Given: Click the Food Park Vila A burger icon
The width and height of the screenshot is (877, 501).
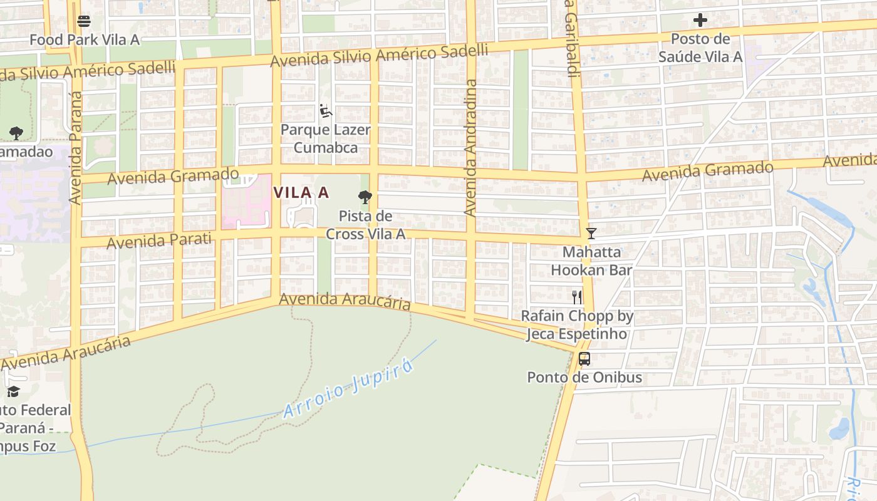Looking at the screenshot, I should [x=84, y=21].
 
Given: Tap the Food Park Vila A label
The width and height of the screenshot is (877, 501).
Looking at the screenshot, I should [x=84, y=40].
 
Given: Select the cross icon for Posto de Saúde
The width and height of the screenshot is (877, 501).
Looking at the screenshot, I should [x=700, y=21].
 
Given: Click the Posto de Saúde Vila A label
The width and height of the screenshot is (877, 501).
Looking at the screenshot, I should [x=700, y=48].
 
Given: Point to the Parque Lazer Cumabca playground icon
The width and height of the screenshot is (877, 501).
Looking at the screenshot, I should [x=325, y=111].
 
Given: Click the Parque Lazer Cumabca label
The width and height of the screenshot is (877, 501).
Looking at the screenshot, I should [x=325, y=138].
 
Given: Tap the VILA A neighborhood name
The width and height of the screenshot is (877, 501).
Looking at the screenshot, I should [x=301, y=193].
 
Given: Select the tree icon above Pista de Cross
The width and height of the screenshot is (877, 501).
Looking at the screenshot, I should [x=365, y=198].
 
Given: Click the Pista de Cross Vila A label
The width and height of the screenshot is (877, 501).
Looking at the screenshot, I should [x=365, y=225].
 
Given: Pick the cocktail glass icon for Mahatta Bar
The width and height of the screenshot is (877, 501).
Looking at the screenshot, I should [x=590, y=234].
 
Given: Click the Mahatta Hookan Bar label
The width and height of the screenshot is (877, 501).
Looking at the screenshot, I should [x=591, y=261].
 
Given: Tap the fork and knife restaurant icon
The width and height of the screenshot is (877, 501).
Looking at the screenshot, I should [x=577, y=297].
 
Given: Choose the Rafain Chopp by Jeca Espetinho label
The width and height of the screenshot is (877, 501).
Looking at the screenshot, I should [x=577, y=325].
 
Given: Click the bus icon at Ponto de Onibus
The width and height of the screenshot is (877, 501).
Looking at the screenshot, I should [x=584, y=359].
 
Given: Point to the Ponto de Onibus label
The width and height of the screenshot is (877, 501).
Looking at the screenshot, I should [x=584, y=378].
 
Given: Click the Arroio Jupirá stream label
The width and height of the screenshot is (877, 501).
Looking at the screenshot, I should [x=348, y=389].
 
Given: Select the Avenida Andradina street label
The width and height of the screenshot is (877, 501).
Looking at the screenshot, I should [x=470, y=148].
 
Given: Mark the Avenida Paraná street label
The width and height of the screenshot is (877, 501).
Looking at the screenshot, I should [x=76, y=148].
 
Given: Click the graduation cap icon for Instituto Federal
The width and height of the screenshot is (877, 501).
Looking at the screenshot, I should [x=13, y=392].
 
